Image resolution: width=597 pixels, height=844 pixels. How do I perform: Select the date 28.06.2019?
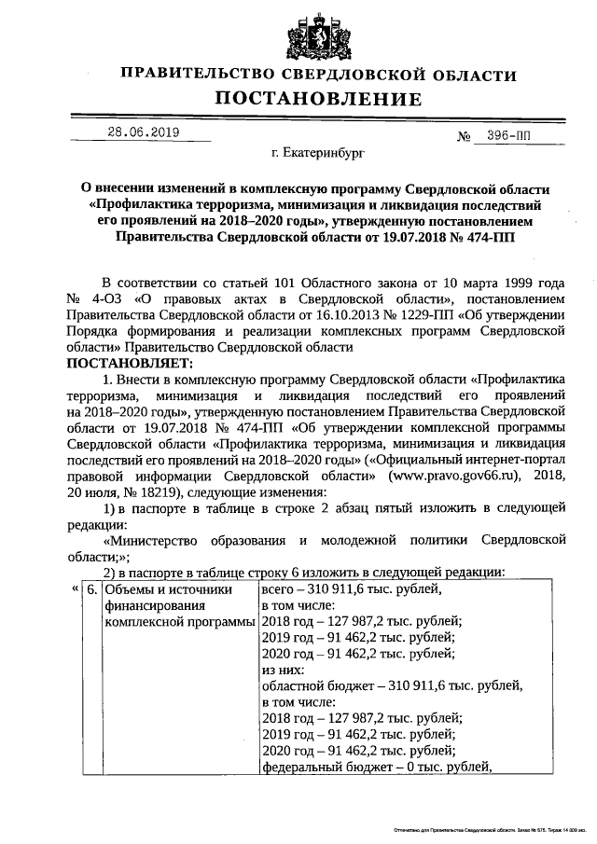pyautogui.click(x=142, y=131)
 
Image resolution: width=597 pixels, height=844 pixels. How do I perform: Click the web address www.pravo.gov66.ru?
pyautogui.click(x=432, y=474)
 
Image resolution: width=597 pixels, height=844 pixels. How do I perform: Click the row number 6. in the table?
pyautogui.click(x=91, y=590)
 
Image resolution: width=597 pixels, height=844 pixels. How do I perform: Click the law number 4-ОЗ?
pyautogui.click(x=108, y=298)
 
